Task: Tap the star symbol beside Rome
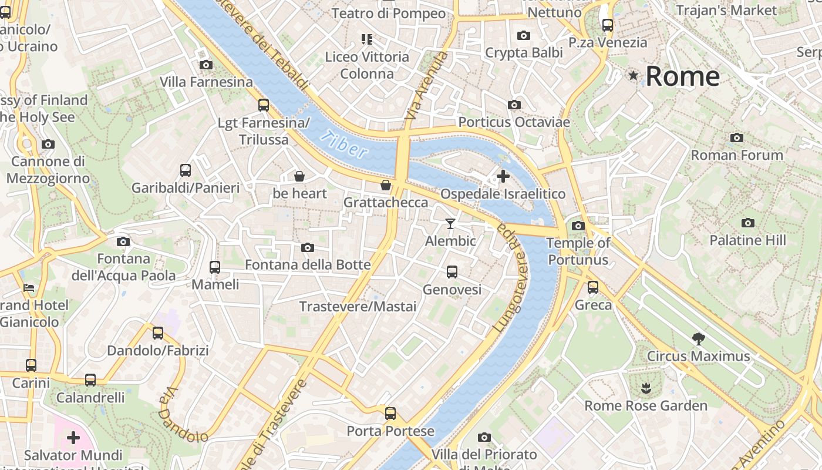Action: click(633, 75)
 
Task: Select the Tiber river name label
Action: click(344, 145)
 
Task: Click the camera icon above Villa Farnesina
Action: click(206, 65)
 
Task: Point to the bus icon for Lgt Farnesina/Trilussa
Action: click(264, 105)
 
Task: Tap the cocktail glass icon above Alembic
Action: click(450, 223)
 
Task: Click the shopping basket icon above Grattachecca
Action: click(386, 185)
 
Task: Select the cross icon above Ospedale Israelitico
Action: click(503, 176)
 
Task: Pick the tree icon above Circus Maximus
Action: click(698, 338)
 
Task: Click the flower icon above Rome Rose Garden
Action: click(646, 388)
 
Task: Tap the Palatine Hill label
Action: click(747, 240)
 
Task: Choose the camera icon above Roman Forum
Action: click(737, 138)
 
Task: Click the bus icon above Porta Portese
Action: click(390, 414)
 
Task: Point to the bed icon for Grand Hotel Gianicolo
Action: click(29, 288)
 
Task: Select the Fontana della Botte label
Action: click(308, 265)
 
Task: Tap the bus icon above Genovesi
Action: click(452, 272)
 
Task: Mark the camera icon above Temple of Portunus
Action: click(578, 226)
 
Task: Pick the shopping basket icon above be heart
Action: click(299, 176)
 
